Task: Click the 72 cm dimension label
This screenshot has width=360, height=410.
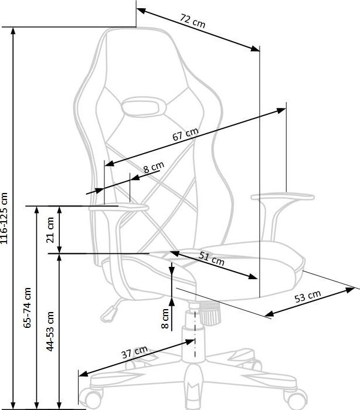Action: point(192,22)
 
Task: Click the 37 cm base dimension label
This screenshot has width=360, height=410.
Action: point(134,354)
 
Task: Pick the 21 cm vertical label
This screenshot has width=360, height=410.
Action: point(50,230)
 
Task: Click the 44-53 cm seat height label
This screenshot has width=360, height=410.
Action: point(50,330)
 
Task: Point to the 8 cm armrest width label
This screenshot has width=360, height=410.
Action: point(154,168)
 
